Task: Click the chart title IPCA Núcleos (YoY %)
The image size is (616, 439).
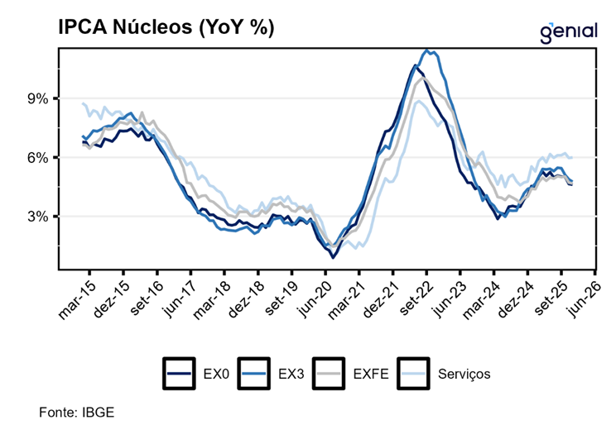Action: pos(166,27)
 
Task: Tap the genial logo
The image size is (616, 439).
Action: pos(568,32)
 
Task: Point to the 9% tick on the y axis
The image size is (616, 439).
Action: pos(39,98)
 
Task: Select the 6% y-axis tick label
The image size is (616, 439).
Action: pos(39,158)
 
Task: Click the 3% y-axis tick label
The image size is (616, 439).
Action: pos(39,217)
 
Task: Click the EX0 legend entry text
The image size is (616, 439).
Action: pos(215,374)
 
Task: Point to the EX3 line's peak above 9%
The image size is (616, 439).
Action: pos(427,50)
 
